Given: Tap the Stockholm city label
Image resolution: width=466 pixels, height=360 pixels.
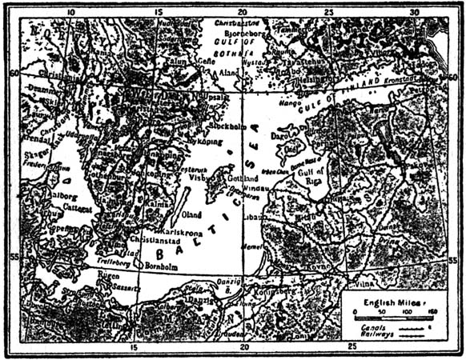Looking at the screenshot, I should point(227,126).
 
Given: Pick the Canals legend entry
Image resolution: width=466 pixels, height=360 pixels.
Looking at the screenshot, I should point(371,327).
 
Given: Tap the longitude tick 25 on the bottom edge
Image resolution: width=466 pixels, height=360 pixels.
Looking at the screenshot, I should point(352,347).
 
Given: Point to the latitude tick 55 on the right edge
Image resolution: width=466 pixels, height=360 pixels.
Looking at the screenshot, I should point(453,261).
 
